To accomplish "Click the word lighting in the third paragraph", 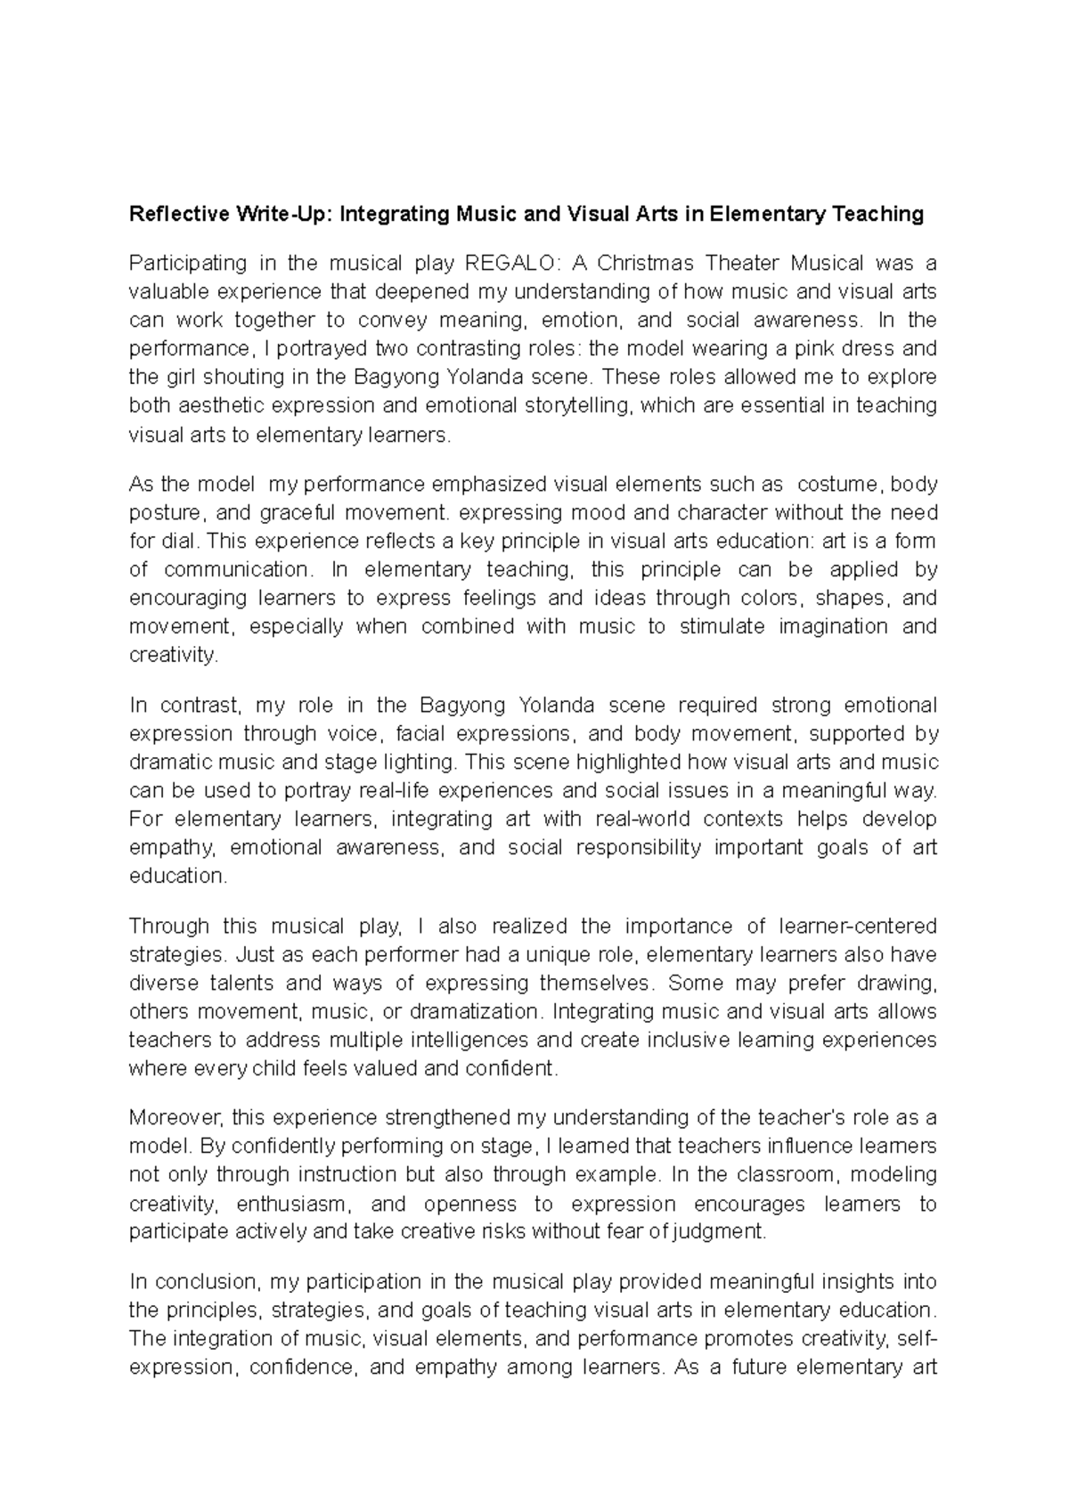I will pyautogui.click(x=417, y=763).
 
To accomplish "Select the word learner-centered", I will pyautogui.click(x=853, y=927).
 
